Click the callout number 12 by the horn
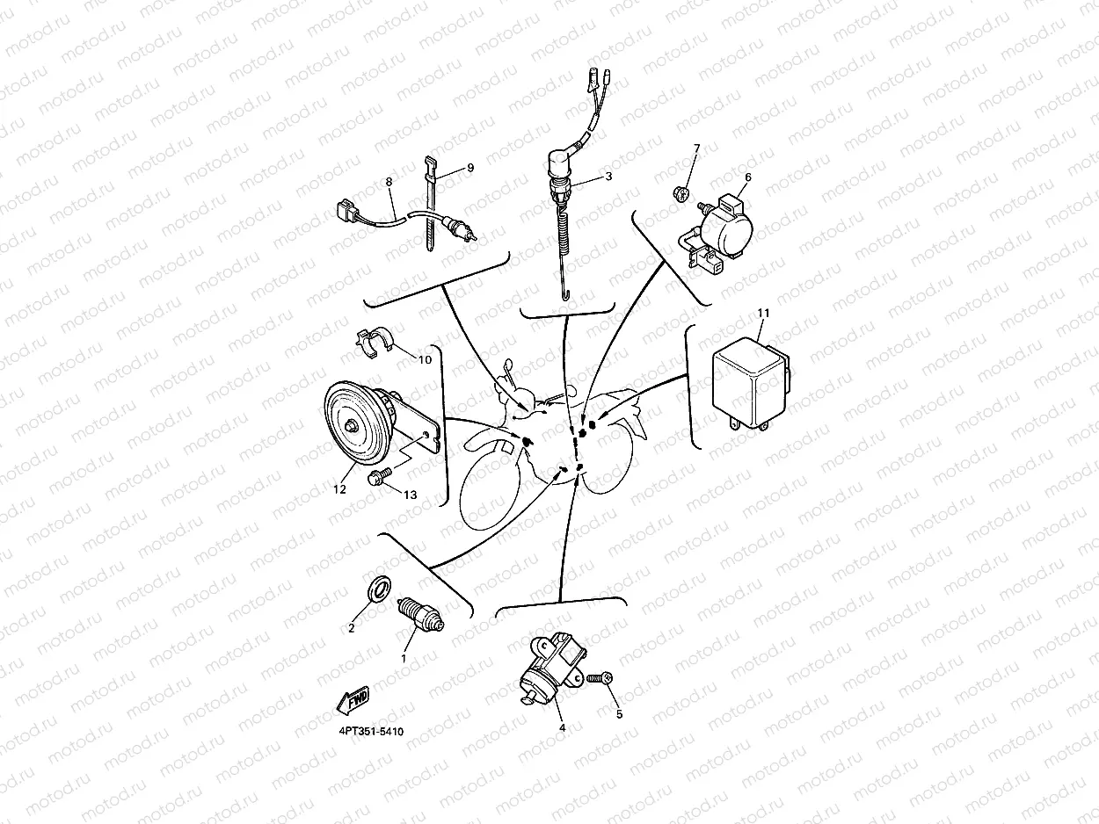339,489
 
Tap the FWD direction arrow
353,700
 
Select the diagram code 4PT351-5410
371,731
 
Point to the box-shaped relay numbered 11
750,383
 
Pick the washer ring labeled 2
379,589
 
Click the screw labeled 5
600,679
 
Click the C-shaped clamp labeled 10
375,343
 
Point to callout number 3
608,176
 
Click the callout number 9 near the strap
470,168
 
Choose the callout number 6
748,177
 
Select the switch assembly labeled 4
551,668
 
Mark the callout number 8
389,182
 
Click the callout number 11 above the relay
763,313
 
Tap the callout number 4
563,728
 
